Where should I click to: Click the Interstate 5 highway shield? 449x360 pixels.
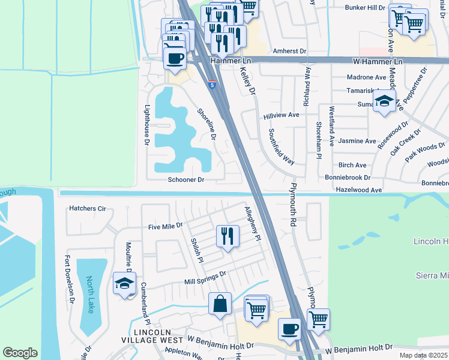tap(212, 85)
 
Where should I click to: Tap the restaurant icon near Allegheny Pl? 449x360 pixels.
tap(228, 236)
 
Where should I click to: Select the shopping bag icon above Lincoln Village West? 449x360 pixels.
tap(220, 304)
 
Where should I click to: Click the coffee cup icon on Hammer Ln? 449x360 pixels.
tap(175, 58)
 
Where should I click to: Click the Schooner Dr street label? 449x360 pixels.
tap(186, 179)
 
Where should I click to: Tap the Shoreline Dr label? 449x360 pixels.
tap(206, 124)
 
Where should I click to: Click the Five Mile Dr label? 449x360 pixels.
tap(165, 227)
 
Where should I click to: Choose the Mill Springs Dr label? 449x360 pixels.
tap(205, 277)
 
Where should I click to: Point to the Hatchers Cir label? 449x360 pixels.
tap(88, 208)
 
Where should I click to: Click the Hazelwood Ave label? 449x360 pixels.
tap(358, 190)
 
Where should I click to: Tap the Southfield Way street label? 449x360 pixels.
tap(281, 146)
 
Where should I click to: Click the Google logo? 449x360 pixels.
tap(20, 353)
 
